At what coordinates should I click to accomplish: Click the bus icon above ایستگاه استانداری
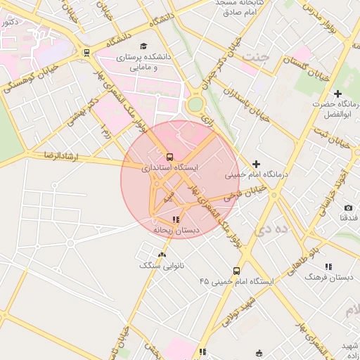tap(169, 157)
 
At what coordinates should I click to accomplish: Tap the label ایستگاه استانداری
tap(170, 168)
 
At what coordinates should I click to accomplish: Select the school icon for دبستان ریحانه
tap(175, 220)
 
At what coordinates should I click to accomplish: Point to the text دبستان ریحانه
tap(176, 230)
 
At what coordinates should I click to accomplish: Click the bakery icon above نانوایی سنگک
tap(162, 255)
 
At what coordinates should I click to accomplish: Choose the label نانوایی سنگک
tap(162, 266)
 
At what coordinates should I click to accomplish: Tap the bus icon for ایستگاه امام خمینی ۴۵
tap(236, 271)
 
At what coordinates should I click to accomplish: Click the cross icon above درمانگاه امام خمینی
tap(256, 164)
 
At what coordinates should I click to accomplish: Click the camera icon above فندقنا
tap(348, 208)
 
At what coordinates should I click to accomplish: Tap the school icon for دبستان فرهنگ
tap(328, 266)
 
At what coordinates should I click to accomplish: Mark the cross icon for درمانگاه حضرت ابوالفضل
tap(338, 94)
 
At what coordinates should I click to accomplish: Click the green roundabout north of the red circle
tap(195, 105)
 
